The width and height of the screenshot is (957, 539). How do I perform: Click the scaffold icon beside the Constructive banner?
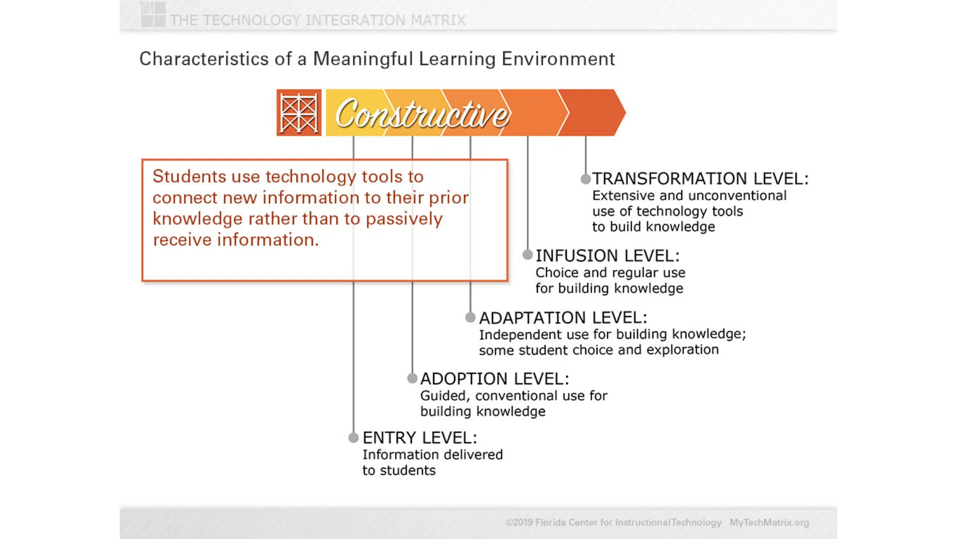coord(299,112)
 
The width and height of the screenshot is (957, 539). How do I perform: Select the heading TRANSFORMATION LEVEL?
coord(700,178)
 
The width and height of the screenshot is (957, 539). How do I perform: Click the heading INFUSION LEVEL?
coord(608,256)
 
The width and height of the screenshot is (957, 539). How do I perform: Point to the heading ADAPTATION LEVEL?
coord(563,317)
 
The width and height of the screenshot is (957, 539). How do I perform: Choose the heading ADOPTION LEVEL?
coord(494,379)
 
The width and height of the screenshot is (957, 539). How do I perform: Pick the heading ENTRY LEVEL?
coord(420,438)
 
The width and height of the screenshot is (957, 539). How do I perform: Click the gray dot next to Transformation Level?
coord(586,179)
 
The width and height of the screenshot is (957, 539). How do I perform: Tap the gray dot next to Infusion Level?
coord(528,255)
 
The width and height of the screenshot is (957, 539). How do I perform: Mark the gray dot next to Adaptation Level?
coord(471,317)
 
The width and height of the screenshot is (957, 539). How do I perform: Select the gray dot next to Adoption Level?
coord(412,378)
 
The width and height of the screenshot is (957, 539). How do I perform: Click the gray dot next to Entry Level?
coord(353,438)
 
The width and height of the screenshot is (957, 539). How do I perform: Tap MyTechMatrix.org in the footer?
coord(769,523)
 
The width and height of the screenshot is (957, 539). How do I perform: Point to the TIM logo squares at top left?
coord(153,14)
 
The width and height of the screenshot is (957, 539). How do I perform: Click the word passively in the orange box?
coord(404,219)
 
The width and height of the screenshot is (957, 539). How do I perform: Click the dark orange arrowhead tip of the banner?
coord(626,112)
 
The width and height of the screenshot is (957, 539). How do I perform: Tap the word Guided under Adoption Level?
coord(445,396)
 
